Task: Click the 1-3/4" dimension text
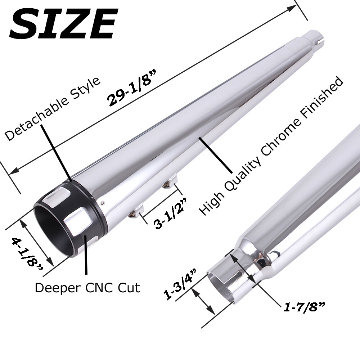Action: point(180,284)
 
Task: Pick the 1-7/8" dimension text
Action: point(304,307)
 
